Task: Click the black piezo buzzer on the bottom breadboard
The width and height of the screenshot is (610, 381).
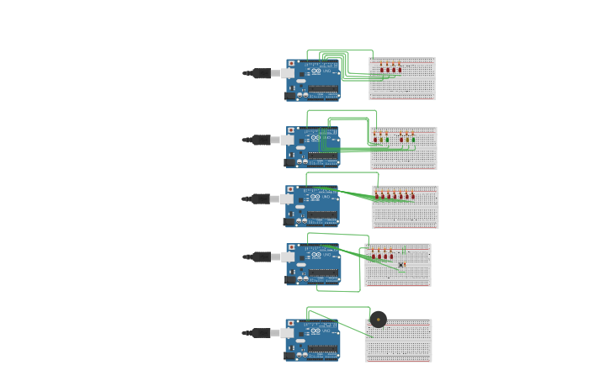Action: tap(379, 319)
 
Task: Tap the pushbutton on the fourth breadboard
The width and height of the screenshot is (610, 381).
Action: tap(401, 265)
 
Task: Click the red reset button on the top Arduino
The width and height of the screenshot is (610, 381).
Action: tap(292, 63)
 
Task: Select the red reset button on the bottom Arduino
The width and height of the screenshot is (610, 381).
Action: tap(292, 323)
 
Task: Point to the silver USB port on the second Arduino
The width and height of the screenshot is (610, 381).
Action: tap(289, 140)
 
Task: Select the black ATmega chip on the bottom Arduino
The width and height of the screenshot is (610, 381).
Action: tap(322, 348)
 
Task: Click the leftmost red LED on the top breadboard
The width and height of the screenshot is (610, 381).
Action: tap(382, 67)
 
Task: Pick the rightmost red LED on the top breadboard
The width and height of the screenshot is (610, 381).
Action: tap(400, 67)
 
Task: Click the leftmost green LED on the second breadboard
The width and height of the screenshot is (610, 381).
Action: tap(375, 136)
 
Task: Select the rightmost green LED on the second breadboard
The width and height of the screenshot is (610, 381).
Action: tap(413, 136)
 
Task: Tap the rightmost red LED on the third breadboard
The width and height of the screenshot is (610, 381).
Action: tap(411, 195)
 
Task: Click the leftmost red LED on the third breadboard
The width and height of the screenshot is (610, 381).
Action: tap(377, 195)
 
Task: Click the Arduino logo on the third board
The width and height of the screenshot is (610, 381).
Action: tap(314, 198)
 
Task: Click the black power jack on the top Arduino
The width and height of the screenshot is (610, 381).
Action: tap(289, 93)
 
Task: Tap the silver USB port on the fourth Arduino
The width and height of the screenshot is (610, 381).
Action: tap(289, 257)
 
